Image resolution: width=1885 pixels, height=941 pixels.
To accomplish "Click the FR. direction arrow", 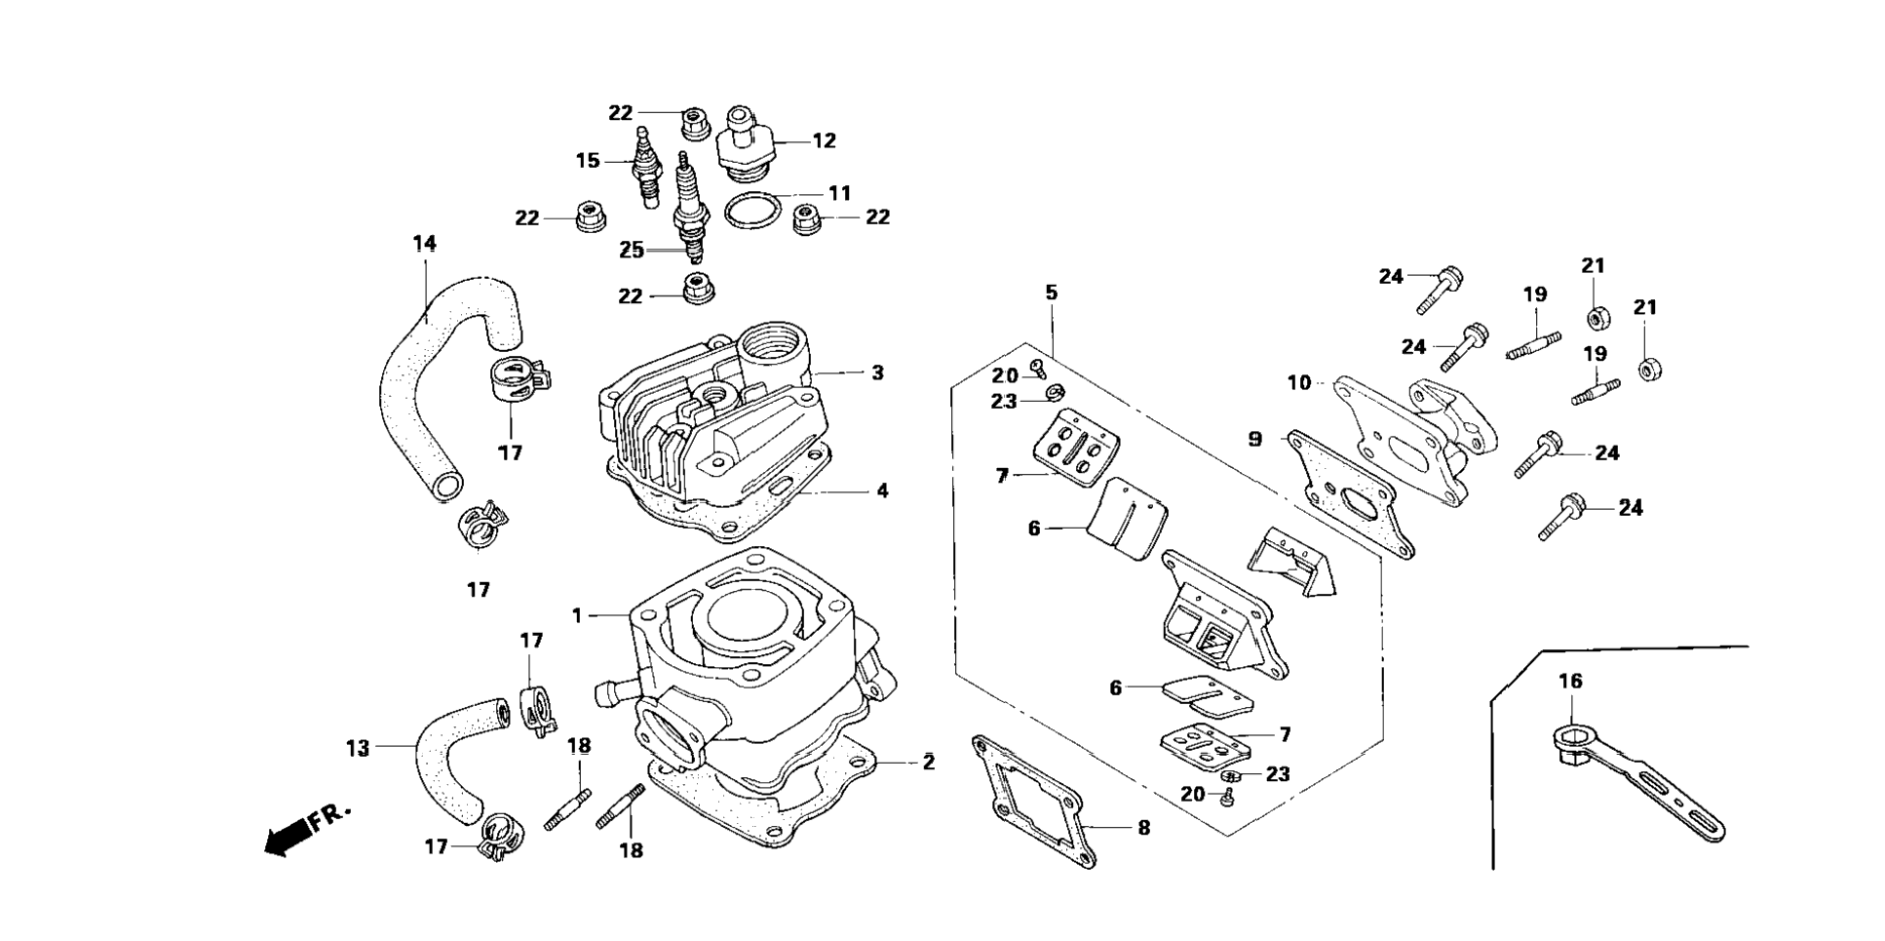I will (290, 834).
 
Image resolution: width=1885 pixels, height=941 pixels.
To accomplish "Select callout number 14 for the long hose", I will (424, 243).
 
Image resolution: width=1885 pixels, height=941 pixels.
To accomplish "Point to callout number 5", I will (1051, 293).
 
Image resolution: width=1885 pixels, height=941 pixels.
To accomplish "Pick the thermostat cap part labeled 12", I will (748, 143).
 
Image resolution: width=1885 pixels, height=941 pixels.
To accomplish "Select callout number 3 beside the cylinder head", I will (877, 372).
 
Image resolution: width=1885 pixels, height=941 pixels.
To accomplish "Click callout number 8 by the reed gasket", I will (1143, 828).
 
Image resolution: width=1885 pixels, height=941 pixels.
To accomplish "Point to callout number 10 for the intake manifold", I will (1299, 382).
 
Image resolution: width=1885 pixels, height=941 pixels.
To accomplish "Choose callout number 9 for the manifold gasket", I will (1255, 440).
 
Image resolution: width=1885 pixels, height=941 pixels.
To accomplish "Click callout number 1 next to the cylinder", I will (577, 615).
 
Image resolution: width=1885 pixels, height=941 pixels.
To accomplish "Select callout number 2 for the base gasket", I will (929, 763).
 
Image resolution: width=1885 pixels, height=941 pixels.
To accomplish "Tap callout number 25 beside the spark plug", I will (632, 251).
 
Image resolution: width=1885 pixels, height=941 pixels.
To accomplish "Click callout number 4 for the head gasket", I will (882, 490).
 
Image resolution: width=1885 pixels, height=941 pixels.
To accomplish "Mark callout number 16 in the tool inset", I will (1570, 682).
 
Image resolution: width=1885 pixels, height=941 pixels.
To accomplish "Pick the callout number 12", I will (824, 140).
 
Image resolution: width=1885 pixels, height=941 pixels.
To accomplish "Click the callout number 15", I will (588, 160).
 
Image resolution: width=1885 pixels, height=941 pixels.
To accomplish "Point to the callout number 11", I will (840, 193).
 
